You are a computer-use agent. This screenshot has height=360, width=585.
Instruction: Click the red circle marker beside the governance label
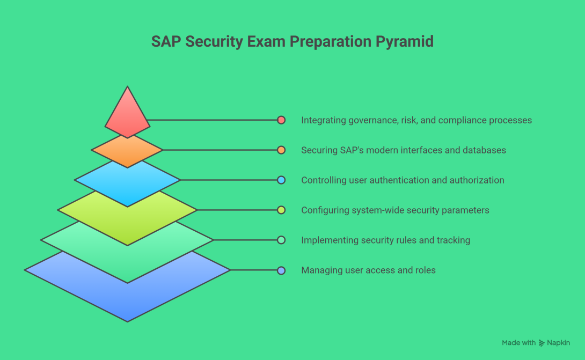281,120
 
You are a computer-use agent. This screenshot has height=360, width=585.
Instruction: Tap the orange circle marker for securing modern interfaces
281,150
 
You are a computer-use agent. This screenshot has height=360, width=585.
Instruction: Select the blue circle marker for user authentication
281,180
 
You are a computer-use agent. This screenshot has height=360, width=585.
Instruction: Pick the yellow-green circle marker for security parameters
281,210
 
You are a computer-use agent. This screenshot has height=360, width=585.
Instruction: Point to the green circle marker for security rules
281,240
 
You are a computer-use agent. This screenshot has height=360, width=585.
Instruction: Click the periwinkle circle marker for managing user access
281,270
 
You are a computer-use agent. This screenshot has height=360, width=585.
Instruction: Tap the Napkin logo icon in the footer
542,343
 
